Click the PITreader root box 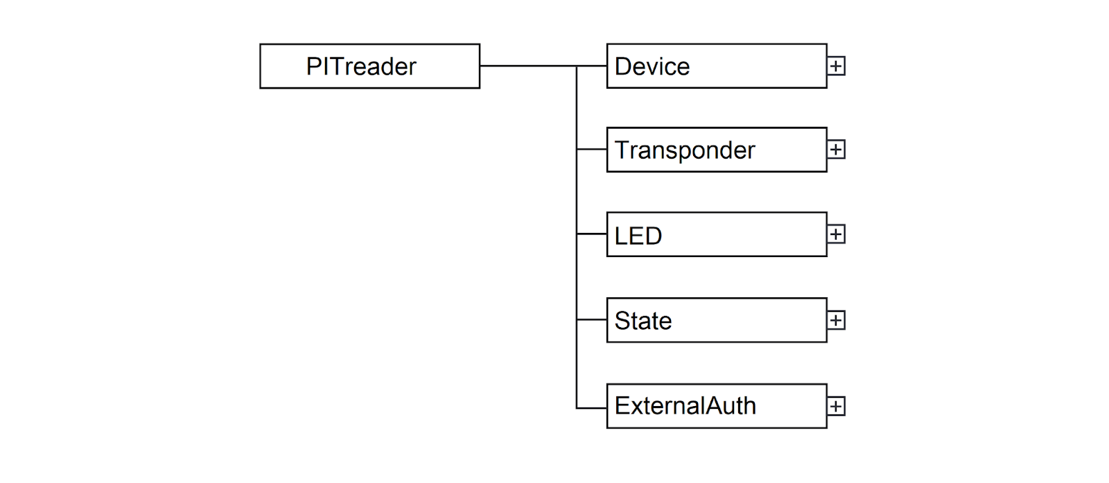click(370, 67)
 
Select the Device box click(717, 67)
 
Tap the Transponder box click(717, 150)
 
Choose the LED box click(717, 235)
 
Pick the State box click(717, 320)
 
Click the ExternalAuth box click(717, 406)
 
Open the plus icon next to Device click(836, 67)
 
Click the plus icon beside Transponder click(836, 150)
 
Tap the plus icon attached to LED click(836, 234)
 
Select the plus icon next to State click(836, 320)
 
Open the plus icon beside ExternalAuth click(836, 406)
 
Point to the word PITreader click(361, 67)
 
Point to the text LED click(638, 236)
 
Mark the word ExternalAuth click(686, 406)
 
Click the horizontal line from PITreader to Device click(543, 66)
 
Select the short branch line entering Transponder click(592, 149)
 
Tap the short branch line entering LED click(592, 234)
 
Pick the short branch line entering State click(592, 319)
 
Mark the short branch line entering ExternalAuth click(592, 408)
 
